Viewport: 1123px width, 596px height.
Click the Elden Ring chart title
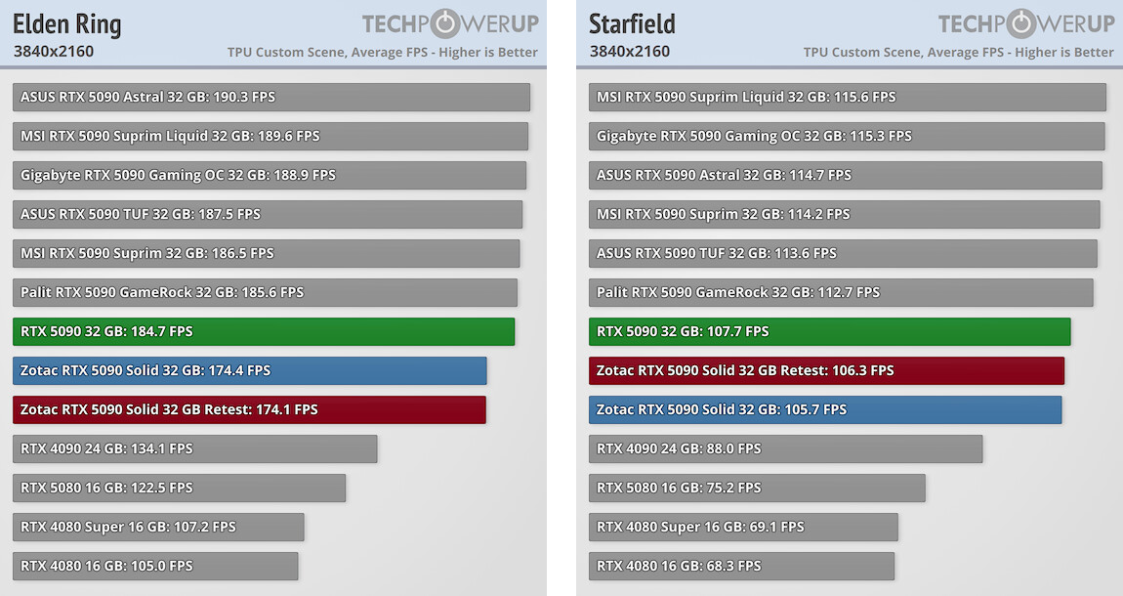click(67, 23)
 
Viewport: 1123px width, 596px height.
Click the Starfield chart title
click(632, 23)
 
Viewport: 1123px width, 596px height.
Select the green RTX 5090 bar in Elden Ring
click(264, 331)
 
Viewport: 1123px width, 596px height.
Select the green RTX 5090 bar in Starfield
click(830, 331)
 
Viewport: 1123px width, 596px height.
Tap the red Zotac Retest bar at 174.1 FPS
click(249, 409)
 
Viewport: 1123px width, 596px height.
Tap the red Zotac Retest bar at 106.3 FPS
click(826, 370)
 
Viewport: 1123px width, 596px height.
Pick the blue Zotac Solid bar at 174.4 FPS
click(249, 370)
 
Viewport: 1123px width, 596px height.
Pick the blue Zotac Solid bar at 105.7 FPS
click(825, 409)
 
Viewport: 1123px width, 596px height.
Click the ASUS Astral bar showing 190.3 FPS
click(271, 97)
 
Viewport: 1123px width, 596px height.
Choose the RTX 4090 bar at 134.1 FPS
click(195, 448)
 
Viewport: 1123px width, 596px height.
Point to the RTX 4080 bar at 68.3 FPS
click(742, 566)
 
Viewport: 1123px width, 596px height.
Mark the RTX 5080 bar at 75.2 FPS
click(757, 488)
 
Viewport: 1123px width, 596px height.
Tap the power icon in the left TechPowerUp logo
click(444, 23)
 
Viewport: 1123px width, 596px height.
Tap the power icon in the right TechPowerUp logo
click(1020, 23)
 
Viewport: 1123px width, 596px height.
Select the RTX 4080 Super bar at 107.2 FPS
click(158, 527)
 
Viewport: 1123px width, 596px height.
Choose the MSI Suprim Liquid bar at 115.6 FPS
click(848, 97)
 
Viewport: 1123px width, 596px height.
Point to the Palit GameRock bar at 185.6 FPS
click(265, 292)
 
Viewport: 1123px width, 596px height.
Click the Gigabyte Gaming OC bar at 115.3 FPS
click(847, 136)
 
